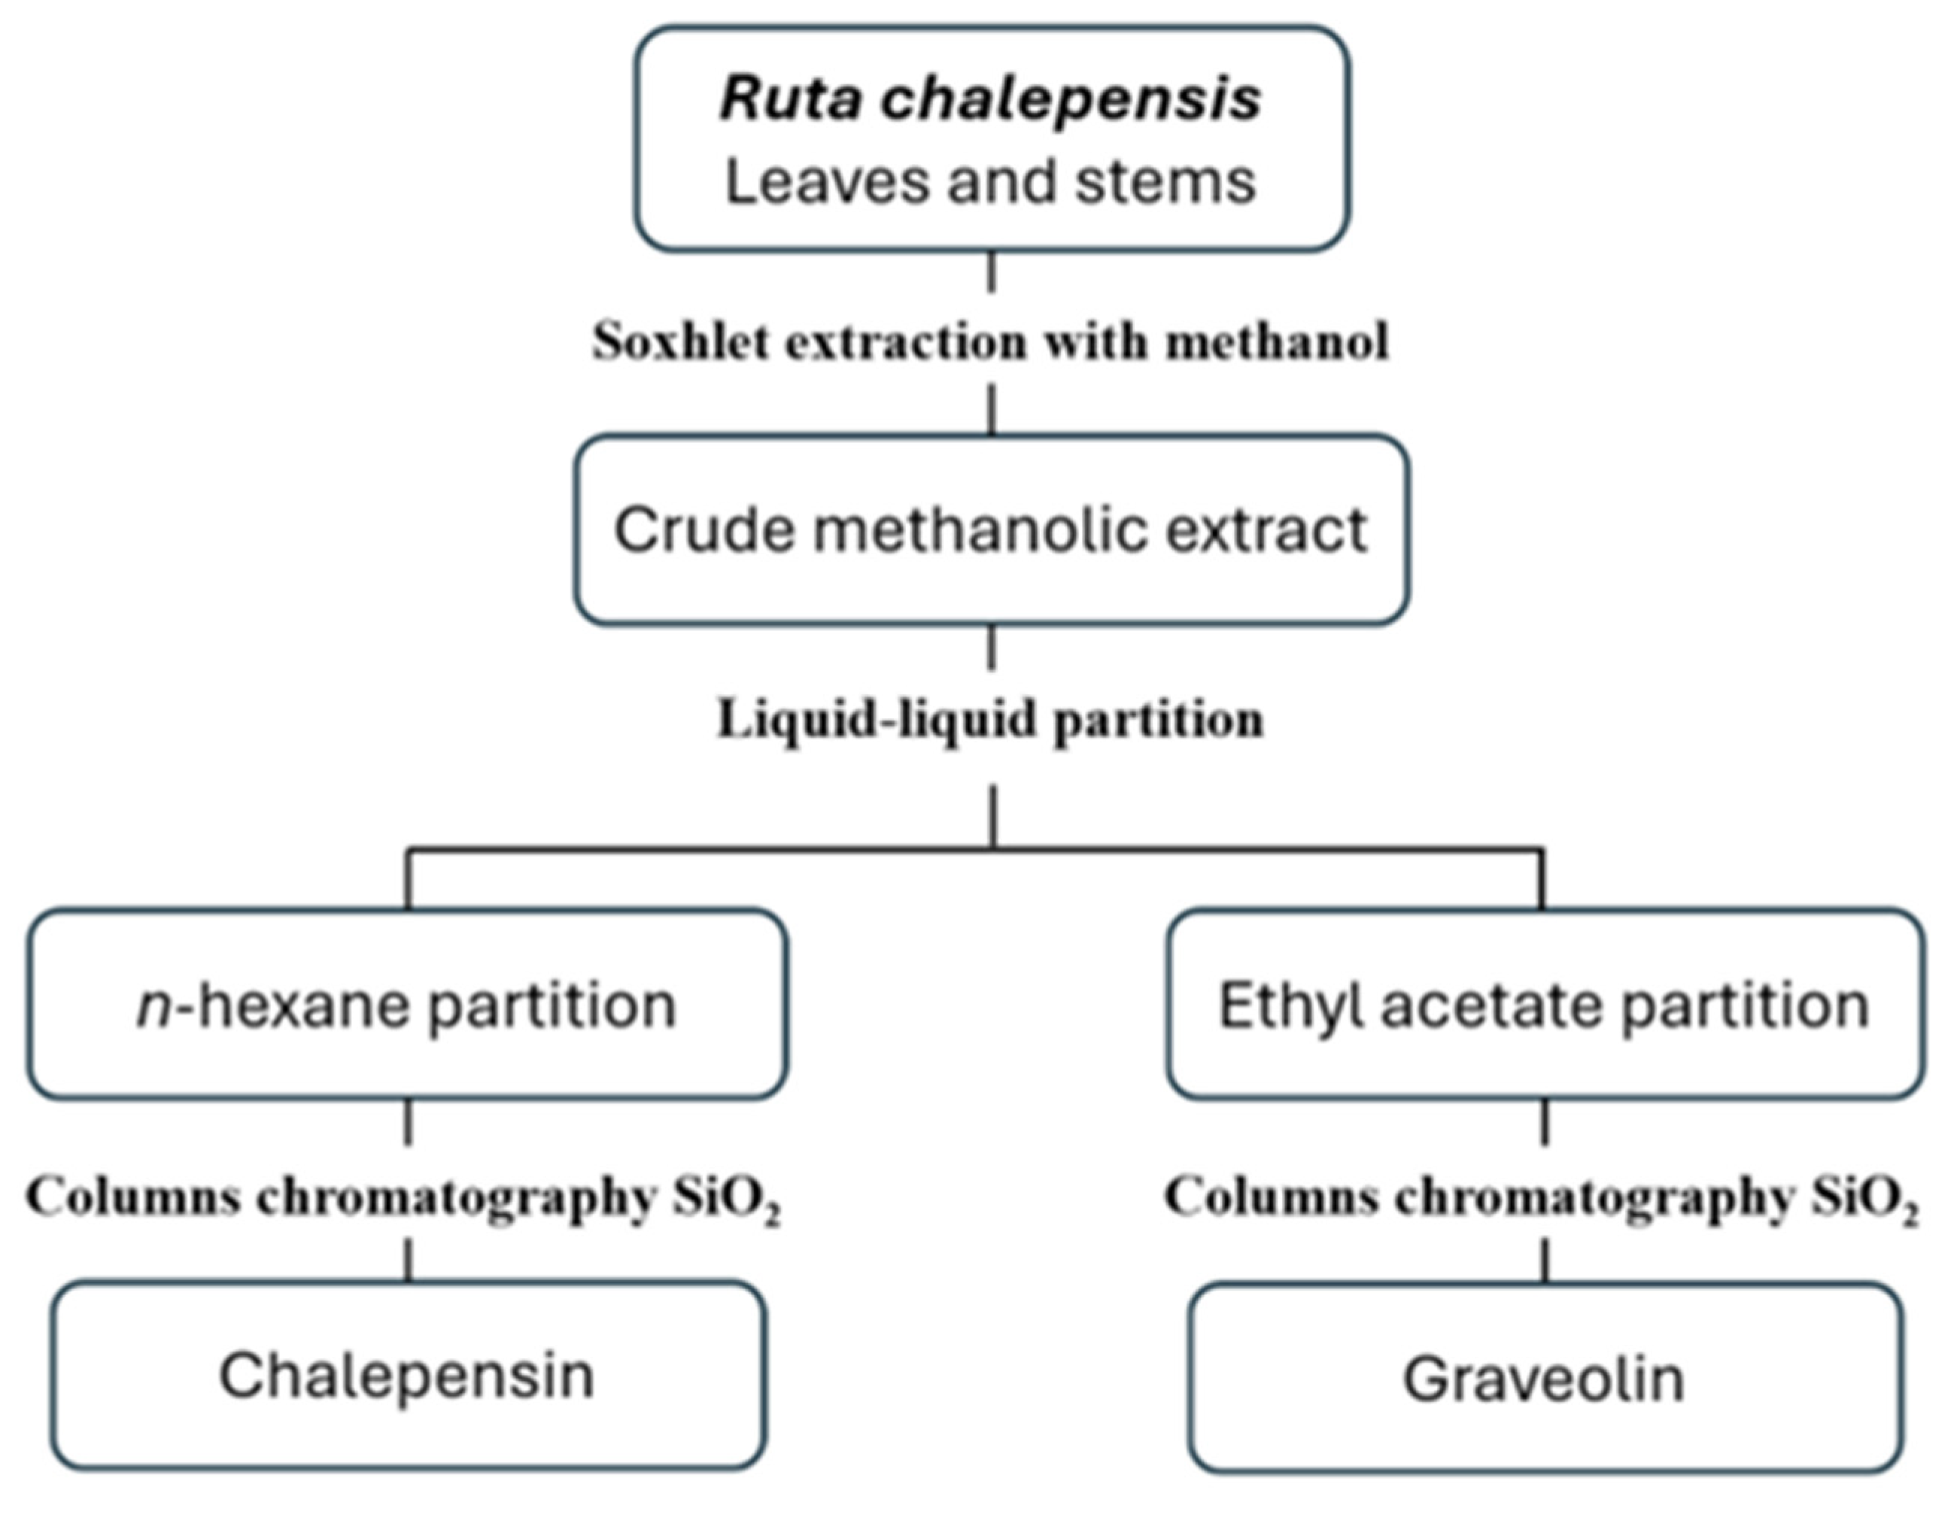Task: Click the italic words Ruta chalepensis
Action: [990, 99]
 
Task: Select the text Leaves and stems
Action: [990, 182]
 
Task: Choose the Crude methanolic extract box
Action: [991, 529]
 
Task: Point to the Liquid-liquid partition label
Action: [990, 720]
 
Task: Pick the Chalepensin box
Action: [408, 1376]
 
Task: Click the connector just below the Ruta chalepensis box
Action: [991, 272]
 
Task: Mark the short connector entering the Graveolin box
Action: [1545, 1261]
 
